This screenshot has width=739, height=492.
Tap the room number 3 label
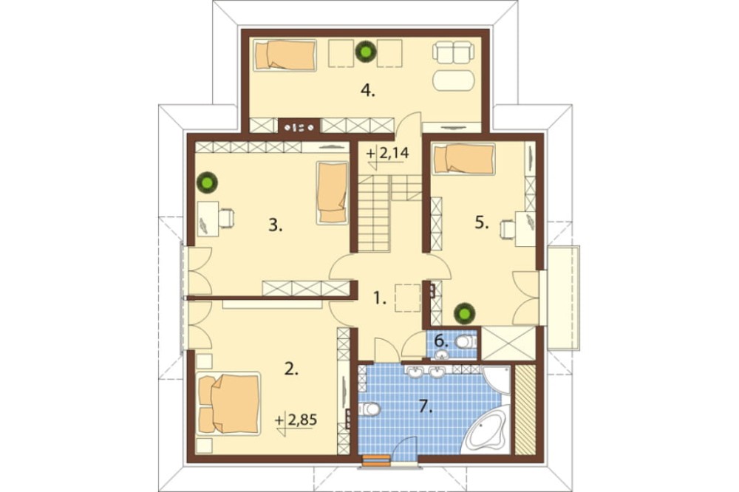[x=275, y=226]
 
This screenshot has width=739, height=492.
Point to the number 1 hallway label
[x=379, y=298]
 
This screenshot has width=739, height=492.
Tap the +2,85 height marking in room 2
[x=296, y=419]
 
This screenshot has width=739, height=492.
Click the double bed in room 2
[x=229, y=404]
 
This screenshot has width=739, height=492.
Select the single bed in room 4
[x=285, y=55]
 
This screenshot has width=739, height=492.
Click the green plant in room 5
[x=464, y=314]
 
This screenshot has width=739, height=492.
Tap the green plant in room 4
[x=365, y=52]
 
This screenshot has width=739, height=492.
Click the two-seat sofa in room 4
[x=452, y=52]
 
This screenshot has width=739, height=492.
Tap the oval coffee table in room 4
[x=454, y=81]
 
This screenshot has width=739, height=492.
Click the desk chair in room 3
[x=226, y=218]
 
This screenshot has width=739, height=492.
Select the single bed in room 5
[x=464, y=159]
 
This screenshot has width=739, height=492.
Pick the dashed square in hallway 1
[x=408, y=298]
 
